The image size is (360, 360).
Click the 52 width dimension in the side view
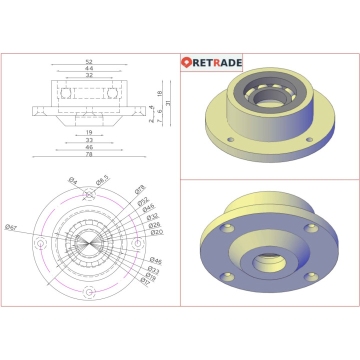click(89, 61)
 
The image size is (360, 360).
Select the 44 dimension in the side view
click(89, 68)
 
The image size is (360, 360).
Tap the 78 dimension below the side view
click(89, 154)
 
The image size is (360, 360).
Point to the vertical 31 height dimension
click(169, 102)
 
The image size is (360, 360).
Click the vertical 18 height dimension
click(159, 93)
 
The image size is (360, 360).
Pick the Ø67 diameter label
click(11, 227)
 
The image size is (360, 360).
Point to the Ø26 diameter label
click(154, 225)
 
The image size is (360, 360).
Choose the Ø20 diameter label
click(156, 232)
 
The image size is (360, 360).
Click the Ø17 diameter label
click(145, 281)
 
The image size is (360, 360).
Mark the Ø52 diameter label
click(143, 201)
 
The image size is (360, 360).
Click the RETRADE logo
click(211, 63)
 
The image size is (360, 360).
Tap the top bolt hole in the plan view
click(89, 194)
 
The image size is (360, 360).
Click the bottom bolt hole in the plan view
click(89, 292)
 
